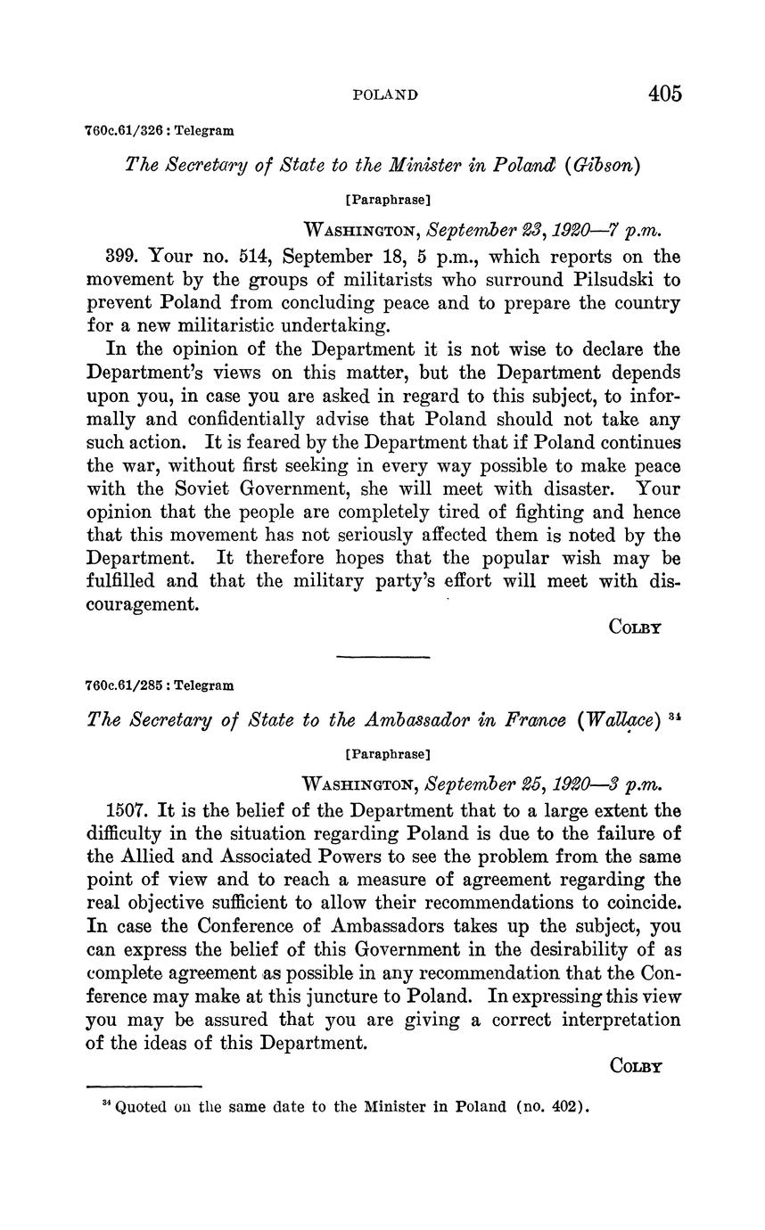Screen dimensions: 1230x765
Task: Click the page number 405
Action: click(x=665, y=94)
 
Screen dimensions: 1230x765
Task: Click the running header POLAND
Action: click(x=385, y=94)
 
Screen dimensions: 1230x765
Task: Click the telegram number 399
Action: click(x=122, y=257)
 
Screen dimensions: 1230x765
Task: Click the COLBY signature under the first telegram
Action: click(x=635, y=627)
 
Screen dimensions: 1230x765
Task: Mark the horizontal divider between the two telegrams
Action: click(x=382, y=658)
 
